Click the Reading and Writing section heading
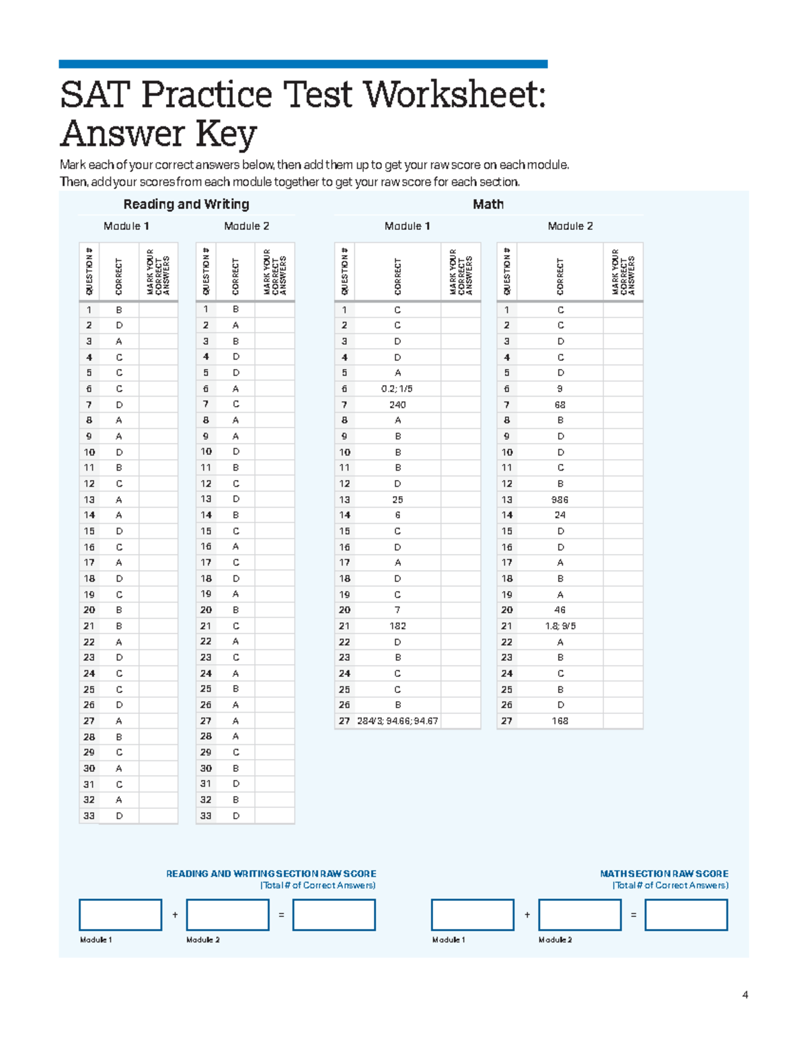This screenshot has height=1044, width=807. tap(186, 204)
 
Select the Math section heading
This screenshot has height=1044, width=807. tap(488, 204)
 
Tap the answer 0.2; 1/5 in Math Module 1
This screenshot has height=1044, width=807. tap(397, 389)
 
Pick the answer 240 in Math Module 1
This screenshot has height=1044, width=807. tap(397, 405)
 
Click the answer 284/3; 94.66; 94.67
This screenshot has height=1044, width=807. tap(397, 721)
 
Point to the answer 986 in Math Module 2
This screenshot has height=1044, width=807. tap(560, 499)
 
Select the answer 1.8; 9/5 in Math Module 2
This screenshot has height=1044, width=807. tap(560, 626)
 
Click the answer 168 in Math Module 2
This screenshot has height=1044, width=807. tap(560, 721)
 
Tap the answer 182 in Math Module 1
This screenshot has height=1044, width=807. tap(397, 626)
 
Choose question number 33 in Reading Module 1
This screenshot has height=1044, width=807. tap(89, 815)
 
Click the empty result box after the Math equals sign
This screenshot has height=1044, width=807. tap(686, 915)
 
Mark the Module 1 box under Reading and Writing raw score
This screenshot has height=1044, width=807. tap(120, 915)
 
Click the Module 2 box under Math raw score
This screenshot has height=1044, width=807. tap(580, 915)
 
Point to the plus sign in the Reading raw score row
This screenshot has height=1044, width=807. tap(175, 915)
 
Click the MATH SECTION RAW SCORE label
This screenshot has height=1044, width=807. tap(664, 874)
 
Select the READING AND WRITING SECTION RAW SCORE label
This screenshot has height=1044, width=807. tap(271, 874)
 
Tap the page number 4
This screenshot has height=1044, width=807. tap(744, 995)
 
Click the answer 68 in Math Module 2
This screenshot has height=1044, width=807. tap(560, 405)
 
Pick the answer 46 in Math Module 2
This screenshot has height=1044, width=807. tap(560, 610)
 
